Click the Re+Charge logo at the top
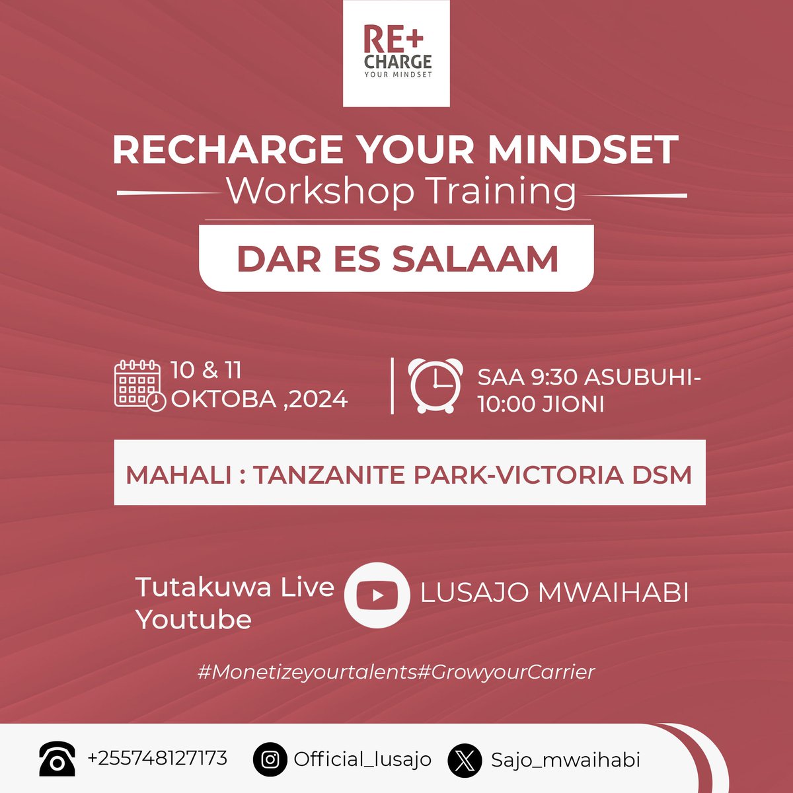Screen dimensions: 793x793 tap(397, 53)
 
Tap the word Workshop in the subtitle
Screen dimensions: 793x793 tap(320, 192)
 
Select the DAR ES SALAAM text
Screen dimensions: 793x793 tap(397, 258)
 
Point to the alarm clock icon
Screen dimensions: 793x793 tap(435, 385)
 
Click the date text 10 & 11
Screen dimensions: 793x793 tap(206, 370)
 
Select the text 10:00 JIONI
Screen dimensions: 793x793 tap(541, 404)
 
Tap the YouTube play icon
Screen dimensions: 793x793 tap(377, 595)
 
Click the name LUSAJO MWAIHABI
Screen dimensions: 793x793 tap(554, 593)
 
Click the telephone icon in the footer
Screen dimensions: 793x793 tap(57, 759)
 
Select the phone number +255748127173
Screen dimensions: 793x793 tap(157, 757)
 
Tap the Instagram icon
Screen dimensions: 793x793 tap(270, 759)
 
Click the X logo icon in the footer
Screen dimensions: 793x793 tap(465, 760)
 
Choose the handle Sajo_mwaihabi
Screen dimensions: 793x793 tap(566, 760)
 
